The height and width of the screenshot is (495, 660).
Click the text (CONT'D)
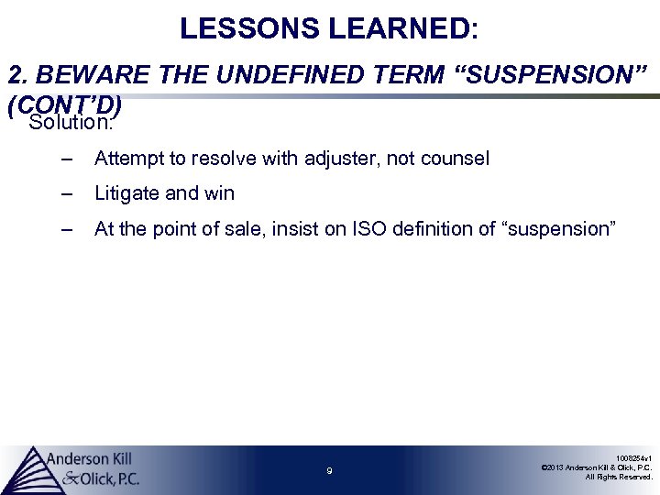[64, 106]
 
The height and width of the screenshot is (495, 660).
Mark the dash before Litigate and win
[66, 193]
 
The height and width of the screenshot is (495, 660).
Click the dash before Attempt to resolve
[66, 159]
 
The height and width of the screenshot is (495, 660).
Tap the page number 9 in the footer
[329, 471]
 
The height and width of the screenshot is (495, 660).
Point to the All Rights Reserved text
[619, 477]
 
